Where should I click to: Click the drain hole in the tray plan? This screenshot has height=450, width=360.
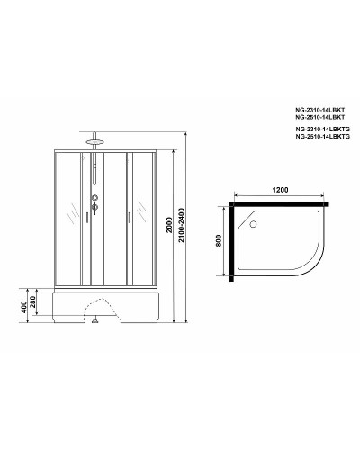pos(253,220)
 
